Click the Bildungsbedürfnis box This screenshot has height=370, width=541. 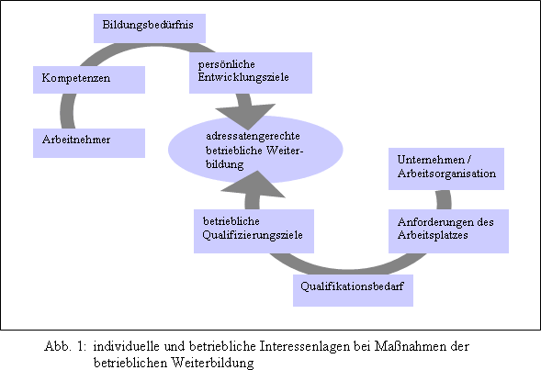[150, 28]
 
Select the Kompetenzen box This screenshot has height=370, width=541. [89, 80]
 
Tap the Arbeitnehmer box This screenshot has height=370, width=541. [89, 143]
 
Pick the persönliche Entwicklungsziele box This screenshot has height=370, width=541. [251, 73]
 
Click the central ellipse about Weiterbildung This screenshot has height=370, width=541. [255, 150]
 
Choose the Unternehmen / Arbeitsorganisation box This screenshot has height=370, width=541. [446, 169]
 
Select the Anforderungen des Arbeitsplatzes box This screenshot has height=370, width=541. [448, 231]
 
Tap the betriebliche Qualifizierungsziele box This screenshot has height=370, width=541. [254, 231]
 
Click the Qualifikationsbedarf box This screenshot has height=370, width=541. [353, 290]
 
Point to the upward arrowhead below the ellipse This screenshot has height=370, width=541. [254, 185]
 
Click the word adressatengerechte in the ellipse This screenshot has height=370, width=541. [253, 137]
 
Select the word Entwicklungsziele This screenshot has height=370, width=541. [243, 77]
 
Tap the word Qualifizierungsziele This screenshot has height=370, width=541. [253, 235]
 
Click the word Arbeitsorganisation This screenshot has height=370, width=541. [446, 174]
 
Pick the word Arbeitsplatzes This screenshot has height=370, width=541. [433, 235]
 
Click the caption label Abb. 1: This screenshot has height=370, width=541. [65, 346]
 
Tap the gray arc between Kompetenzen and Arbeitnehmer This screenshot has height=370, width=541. [67, 111]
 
